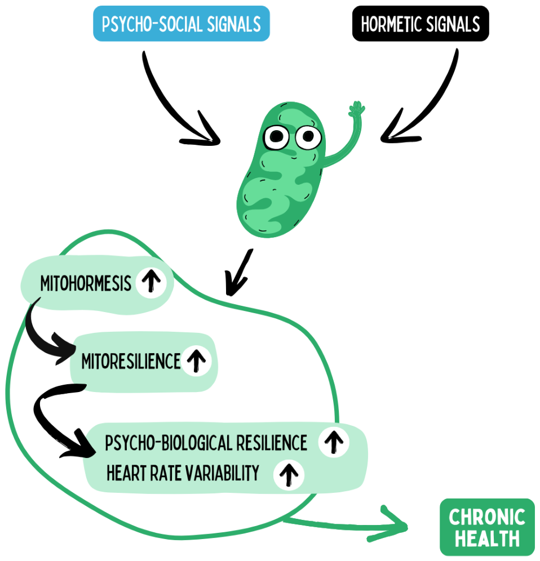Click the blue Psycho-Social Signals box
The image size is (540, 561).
click(x=181, y=24)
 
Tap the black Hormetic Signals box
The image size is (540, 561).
click(x=421, y=24)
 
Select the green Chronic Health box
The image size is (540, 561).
click(x=487, y=527)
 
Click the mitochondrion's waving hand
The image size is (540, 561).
click(x=356, y=109)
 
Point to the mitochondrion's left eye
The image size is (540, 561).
click(x=276, y=137)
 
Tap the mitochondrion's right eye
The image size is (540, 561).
click(x=308, y=137)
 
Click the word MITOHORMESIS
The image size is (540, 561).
click(x=86, y=284)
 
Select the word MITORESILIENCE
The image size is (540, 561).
click(x=131, y=361)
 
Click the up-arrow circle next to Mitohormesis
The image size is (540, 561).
click(x=151, y=282)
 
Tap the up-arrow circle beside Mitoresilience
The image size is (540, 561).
click(x=196, y=360)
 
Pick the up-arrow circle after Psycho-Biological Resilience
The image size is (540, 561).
click(x=334, y=442)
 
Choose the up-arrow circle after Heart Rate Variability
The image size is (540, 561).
click(x=289, y=474)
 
